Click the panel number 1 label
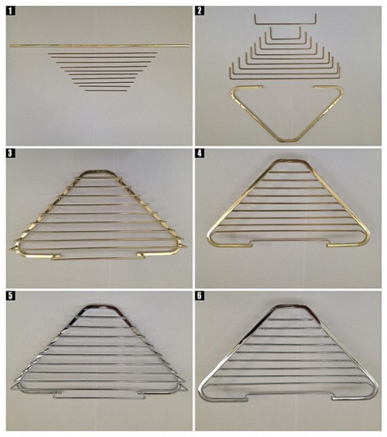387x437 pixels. point(10,11)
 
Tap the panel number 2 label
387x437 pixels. point(200,11)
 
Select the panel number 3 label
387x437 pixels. point(10,153)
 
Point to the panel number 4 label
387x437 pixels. point(200,153)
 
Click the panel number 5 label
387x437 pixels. point(10,296)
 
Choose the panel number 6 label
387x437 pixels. point(200,296)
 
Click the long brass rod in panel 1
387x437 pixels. point(100,46)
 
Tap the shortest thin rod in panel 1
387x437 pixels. point(106,91)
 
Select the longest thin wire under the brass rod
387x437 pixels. point(102,53)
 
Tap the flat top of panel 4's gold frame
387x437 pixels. point(288,160)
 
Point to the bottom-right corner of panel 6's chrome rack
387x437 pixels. point(372,392)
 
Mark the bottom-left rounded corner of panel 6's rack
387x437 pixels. point(204,392)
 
